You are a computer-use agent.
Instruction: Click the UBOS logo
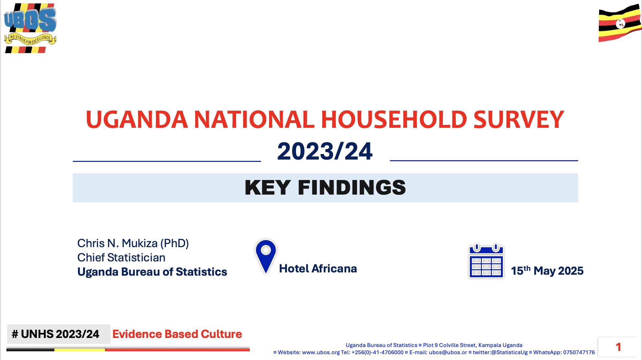tap(30, 28)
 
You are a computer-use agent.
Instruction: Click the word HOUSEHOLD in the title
tap(394, 119)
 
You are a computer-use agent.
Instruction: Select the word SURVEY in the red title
tap(519, 119)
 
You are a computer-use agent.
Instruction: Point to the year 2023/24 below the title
tap(325, 151)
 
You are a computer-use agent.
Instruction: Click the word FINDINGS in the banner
tap(352, 187)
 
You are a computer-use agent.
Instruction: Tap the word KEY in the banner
tap(267, 187)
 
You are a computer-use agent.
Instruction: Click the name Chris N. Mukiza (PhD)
tap(133, 243)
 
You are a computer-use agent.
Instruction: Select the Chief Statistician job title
tap(121, 258)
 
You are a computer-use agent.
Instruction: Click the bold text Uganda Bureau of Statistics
tap(152, 272)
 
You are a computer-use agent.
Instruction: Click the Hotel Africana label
tap(318, 269)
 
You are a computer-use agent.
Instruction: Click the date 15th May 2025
tap(547, 270)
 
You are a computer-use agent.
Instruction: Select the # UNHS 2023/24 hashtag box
tap(59, 334)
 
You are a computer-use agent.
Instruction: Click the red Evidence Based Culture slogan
tap(177, 334)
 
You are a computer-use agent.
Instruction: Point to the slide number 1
tap(618, 347)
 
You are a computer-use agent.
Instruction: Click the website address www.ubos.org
tap(321, 353)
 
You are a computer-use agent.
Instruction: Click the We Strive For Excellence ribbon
tap(30, 39)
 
